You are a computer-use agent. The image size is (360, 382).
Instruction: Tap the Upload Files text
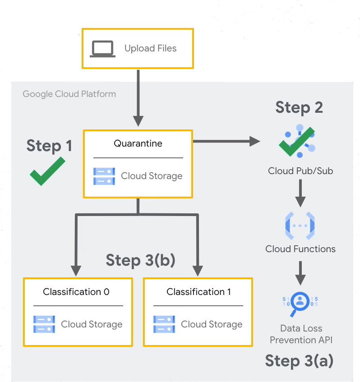(x=150, y=48)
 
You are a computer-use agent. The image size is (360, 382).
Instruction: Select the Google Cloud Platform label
(x=69, y=94)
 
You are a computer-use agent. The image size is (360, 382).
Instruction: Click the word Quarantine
(x=138, y=143)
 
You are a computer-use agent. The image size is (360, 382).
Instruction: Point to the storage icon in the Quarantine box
(x=104, y=176)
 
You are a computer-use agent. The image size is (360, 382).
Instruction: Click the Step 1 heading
(x=49, y=146)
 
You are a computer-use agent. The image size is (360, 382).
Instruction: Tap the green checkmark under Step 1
(x=47, y=171)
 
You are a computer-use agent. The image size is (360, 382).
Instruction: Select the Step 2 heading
(x=299, y=107)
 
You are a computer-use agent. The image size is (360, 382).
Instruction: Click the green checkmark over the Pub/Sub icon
(x=296, y=141)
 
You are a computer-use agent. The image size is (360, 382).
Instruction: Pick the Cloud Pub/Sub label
(x=300, y=171)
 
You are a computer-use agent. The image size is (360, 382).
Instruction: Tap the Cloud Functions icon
(x=300, y=224)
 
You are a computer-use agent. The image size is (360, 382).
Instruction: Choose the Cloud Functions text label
(x=300, y=249)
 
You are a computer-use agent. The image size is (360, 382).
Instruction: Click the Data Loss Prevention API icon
(x=300, y=301)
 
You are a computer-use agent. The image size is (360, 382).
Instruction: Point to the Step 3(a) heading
(x=299, y=361)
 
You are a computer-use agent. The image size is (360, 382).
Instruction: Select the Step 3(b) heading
(x=140, y=260)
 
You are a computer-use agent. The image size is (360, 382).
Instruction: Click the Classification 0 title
(x=76, y=292)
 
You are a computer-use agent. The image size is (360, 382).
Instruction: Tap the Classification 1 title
(x=198, y=292)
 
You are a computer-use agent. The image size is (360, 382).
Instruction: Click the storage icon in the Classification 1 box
(x=164, y=324)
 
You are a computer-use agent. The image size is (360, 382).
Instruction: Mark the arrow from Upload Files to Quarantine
(x=138, y=97)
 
